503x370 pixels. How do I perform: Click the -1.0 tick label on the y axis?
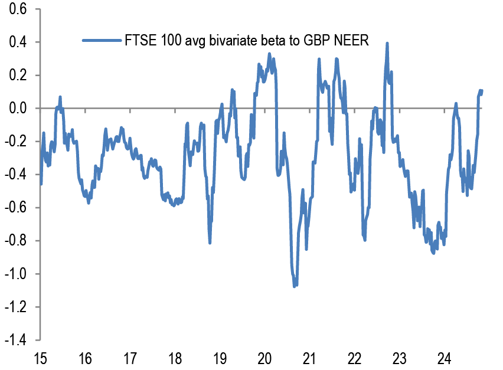point(17,274)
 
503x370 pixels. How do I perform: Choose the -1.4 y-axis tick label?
point(17,340)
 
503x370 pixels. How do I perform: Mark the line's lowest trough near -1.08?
point(295,286)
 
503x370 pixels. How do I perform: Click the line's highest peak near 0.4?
point(387,43)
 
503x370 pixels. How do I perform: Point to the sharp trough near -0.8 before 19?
point(210,242)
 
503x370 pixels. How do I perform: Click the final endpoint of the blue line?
point(482,91)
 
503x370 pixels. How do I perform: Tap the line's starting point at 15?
point(40,184)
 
